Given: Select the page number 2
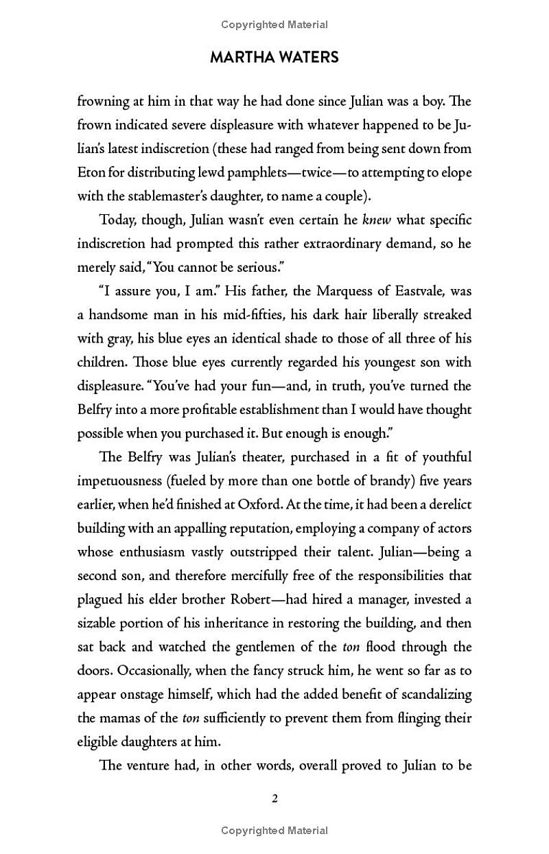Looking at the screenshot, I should point(274,798).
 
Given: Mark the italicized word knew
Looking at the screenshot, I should point(374,220).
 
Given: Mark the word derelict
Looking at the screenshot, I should point(445,505).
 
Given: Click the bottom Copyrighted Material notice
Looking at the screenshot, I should point(274,830).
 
